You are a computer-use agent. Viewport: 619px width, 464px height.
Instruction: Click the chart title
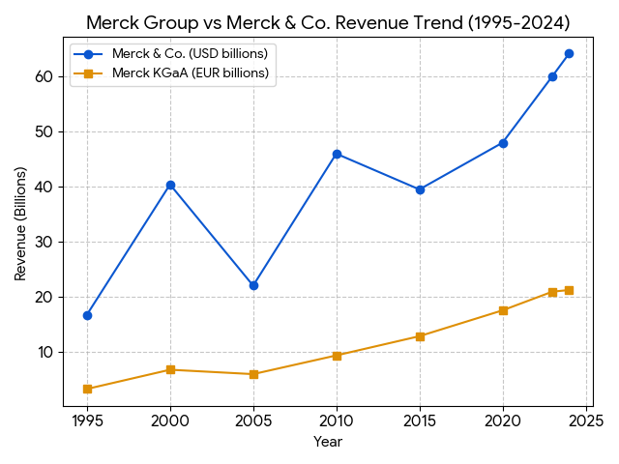tap(328, 22)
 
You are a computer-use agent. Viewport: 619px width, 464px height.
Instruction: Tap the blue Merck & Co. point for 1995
tap(87, 315)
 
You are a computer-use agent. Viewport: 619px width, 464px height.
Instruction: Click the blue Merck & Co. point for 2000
tap(170, 185)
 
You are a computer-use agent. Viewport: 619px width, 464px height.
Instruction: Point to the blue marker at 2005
tap(253, 285)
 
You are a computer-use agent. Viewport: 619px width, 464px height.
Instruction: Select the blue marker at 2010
tap(337, 154)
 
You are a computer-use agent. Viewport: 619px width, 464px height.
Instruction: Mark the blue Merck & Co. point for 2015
tap(420, 189)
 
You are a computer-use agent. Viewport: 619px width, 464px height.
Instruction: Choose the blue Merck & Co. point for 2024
tap(569, 53)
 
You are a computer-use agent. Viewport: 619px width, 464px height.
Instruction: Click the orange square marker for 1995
tap(87, 389)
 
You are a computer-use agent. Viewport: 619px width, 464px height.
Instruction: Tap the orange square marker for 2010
tap(337, 356)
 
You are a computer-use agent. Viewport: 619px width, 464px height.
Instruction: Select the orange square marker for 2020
tap(503, 310)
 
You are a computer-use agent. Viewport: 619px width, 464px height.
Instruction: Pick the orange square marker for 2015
tap(420, 336)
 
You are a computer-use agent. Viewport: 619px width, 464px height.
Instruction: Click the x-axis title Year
tap(328, 442)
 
